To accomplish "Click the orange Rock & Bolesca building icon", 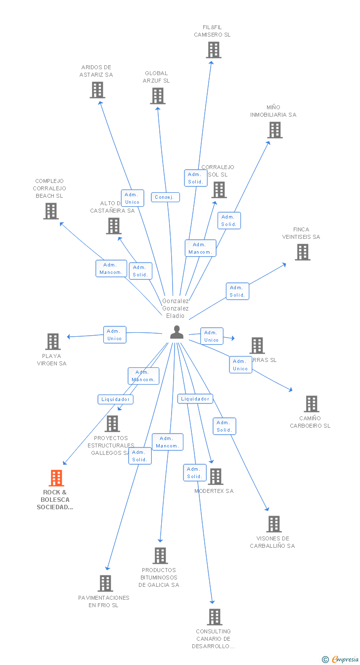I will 56,478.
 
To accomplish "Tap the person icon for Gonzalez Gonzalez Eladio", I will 177,332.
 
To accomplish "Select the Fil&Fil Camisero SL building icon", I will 214,50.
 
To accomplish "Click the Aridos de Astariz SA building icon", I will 97,90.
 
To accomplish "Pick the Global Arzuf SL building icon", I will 158,96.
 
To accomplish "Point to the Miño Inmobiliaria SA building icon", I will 275,130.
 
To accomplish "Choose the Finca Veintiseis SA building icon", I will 303,252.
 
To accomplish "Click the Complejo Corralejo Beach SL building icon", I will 51,211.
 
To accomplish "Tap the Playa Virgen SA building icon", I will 53,342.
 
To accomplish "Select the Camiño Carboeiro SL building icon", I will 312,404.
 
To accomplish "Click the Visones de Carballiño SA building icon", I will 274,524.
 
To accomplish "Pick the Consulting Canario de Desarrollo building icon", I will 215,617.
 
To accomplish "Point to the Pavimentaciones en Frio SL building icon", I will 105,583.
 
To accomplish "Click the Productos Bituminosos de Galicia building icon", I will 160,556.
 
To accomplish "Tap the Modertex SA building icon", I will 216,477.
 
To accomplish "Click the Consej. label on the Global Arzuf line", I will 165,197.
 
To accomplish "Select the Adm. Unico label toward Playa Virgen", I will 115,335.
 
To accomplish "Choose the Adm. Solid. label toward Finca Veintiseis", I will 237,291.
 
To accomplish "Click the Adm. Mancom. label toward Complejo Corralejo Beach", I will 111,268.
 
